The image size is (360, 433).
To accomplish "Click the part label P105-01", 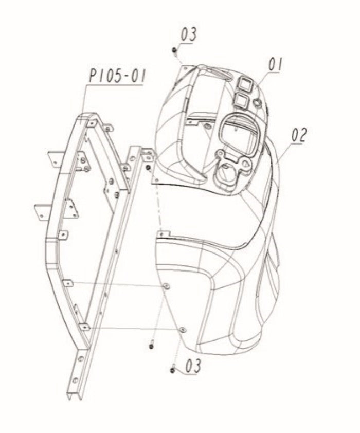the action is tap(117, 76).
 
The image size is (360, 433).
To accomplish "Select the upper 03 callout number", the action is tap(189, 34).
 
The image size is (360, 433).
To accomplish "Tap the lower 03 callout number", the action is tap(193, 366).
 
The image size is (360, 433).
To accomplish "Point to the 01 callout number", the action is tap(276, 65).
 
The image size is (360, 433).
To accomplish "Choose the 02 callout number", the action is tap(299, 135).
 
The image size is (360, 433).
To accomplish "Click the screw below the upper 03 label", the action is tap(174, 50).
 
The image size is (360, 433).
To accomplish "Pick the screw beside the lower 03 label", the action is tap(173, 370).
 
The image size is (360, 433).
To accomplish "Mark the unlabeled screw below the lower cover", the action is tap(151, 346).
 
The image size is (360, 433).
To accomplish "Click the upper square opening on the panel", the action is tap(245, 84).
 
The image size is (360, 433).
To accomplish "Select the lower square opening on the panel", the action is tap(241, 100).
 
